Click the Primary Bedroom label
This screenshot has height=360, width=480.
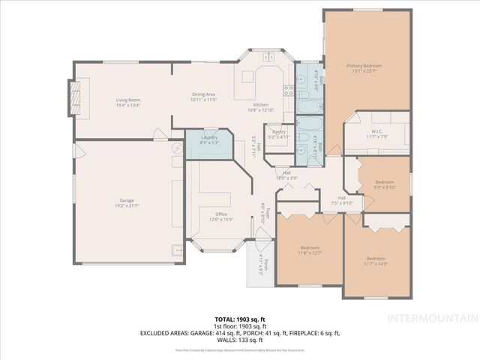364,66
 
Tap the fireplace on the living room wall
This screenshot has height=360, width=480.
75,96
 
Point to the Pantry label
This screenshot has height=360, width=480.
279,132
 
